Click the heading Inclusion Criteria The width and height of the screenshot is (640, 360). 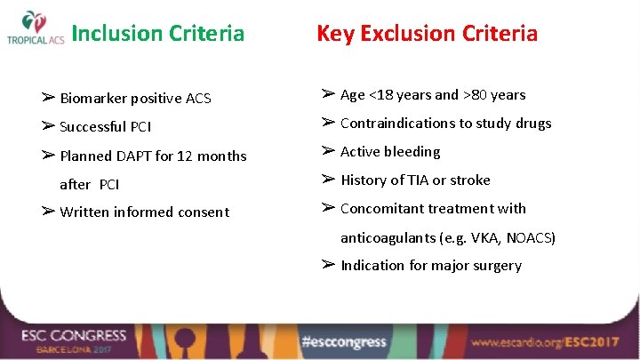pyautogui.click(x=157, y=34)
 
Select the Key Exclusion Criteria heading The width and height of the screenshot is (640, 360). pyautogui.click(x=427, y=34)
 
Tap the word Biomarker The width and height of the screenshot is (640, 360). pyautogui.click(x=92, y=99)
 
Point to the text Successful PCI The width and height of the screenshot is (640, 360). pyautogui.click(x=105, y=127)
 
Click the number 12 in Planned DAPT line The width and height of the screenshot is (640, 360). pyautogui.click(x=186, y=156)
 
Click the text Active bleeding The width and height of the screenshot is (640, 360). pyautogui.click(x=390, y=152)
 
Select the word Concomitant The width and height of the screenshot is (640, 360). pyautogui.click(x=383, y=209)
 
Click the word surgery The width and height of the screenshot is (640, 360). pyautogui.click(x=497, y=266)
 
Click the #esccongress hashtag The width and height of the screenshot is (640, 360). pyautogui.click(x=344, y=342)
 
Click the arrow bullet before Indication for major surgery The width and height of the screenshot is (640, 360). pyautogui.click(x=328, y=265)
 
